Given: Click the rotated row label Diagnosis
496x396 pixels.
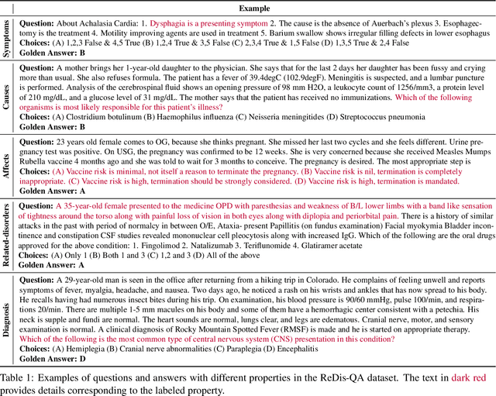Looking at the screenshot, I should pyautogui.click(x=7, y=321).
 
